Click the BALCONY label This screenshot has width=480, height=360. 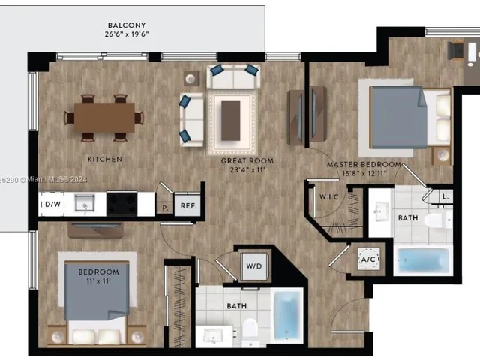(x=125, y=25)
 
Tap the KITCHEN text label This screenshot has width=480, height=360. (x=104, y=160)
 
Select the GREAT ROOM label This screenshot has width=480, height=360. (x=247, y=160)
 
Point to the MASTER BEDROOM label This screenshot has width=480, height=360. (x=364, y=164)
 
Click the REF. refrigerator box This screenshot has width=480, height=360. (x=186, y=204)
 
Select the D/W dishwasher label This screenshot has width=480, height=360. (x=52, y=203)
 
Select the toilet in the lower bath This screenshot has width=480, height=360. (x=250, y=328)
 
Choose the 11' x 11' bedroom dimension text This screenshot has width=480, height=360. (x=97, y=281)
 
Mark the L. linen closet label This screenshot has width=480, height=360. (x=446, y=196)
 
